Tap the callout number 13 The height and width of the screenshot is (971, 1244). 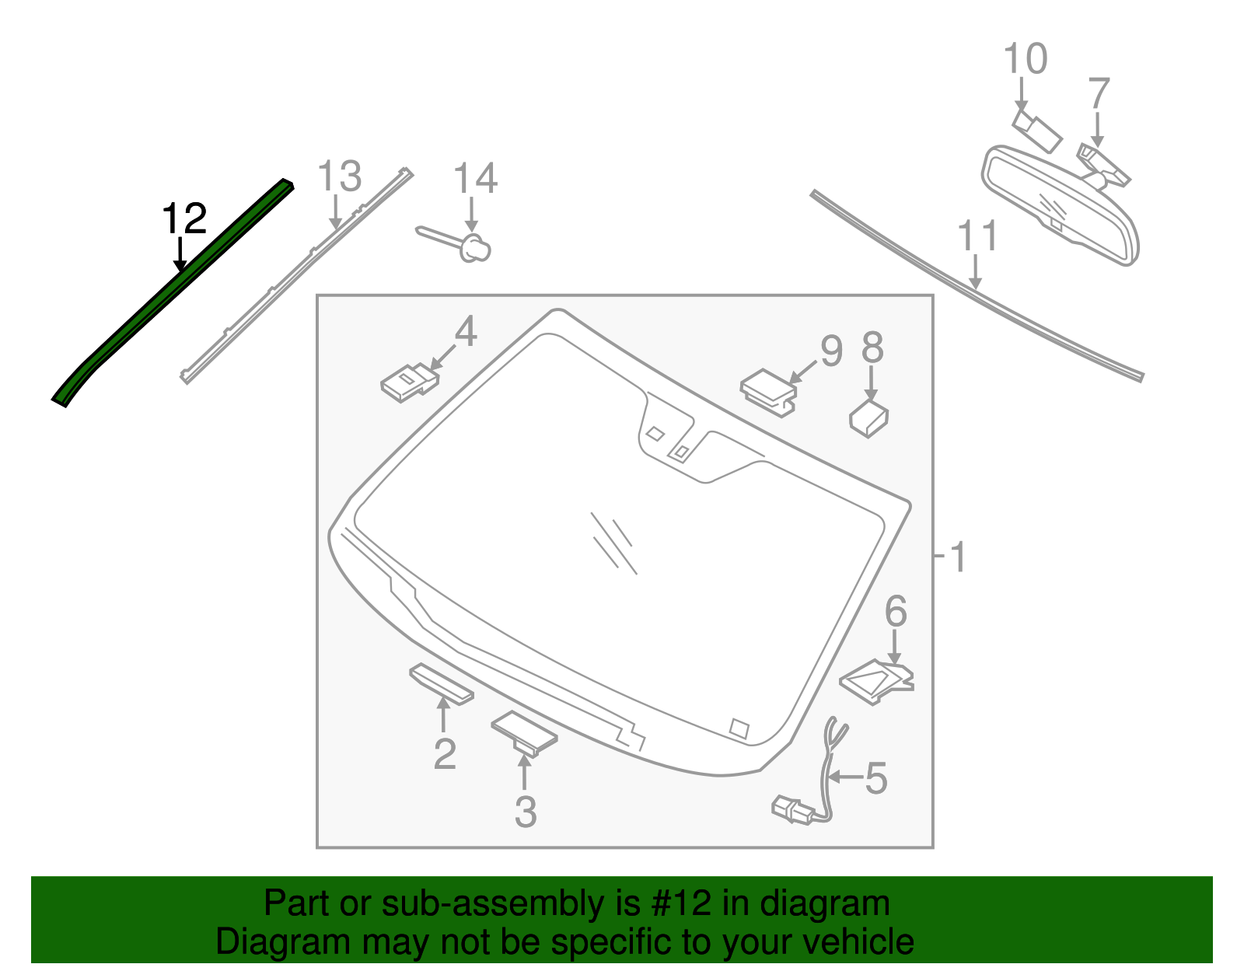(x=340, y=177)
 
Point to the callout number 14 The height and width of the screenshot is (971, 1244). (x=474, y=179)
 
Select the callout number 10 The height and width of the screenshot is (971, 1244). (x=1026, y=59)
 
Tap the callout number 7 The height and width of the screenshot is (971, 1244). (x=1098, y=94)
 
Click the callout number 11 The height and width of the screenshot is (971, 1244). (x=977, y=236)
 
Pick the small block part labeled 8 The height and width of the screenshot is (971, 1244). (x=869, y=418)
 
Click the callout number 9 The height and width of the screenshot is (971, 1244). (x=831, y=351)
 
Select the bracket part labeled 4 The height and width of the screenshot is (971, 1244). (x=409, y=382)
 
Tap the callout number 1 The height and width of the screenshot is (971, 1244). (x=958, y=557)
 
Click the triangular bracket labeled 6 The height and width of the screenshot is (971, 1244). (x=877, y=681)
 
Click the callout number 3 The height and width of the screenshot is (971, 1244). (x=526, y=812)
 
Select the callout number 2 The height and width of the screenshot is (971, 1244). (x=445, y=754)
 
